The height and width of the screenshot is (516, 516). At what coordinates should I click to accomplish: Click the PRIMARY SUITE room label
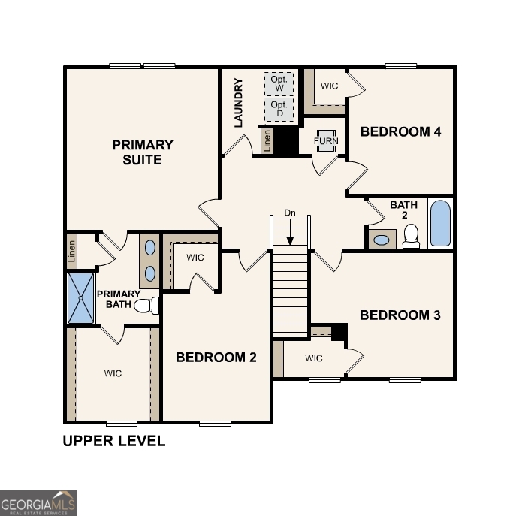tap(143, 152)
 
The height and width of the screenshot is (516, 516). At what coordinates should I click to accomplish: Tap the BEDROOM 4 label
tap(400, 132)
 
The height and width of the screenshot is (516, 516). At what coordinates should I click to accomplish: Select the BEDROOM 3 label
tap(400, 315)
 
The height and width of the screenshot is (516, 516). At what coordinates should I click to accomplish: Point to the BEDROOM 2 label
tap(216, 358)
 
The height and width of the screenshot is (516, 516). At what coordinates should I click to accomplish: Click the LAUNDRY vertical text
tap(239, 102)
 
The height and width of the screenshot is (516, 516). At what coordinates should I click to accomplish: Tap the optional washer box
tap(279, 83)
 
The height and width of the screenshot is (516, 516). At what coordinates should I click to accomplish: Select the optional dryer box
tap(279, 109)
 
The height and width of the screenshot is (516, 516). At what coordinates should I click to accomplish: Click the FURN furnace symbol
tap(326, 141)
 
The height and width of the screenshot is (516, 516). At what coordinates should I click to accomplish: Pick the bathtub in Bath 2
tap(440, 222)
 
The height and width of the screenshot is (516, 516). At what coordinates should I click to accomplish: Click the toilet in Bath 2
tap(411, 237)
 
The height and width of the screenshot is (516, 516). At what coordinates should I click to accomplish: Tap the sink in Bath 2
tap(382, 240)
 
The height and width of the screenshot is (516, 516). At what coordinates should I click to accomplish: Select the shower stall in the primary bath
tap(80, 298)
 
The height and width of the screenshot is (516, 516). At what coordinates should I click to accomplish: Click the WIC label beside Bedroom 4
tap(329, 86)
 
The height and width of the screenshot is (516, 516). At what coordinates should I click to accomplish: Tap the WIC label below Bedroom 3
tap(314, 358)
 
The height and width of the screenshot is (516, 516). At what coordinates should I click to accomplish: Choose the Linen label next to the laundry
tap(267, 141)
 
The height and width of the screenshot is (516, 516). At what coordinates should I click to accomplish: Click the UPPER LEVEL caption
tap(113, 442)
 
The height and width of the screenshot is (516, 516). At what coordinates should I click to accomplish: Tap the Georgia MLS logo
tap(38, 502)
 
